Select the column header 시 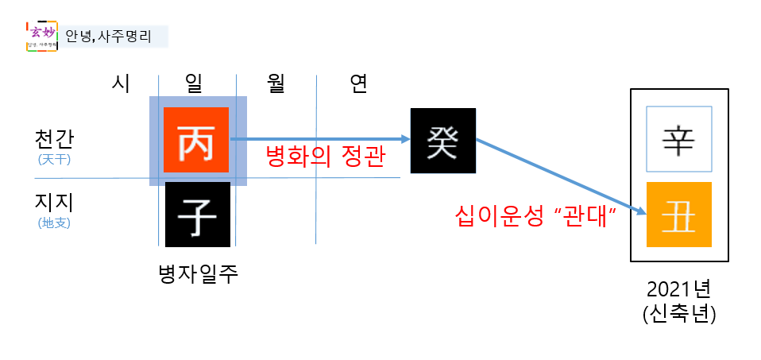[x=120, y=83]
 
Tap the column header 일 [x=194, y=83]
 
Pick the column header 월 [x=276, y=83]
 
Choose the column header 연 [x=358, y=83]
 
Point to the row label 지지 [x=55, y=202]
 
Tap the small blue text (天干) [x=55, y=159]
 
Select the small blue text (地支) [x=55, y=223]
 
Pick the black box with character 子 [x=198, y=214]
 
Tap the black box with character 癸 [x=443, y=141]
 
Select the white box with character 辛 [x=679, y=139]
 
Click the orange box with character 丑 [x=679, y=214]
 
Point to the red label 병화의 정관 [x=325, y=157]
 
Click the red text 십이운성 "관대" [x=537, y=215]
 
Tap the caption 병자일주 [x=199, y=274]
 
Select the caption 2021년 [x=679, y=290]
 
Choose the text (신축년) [x=679, y=314]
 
